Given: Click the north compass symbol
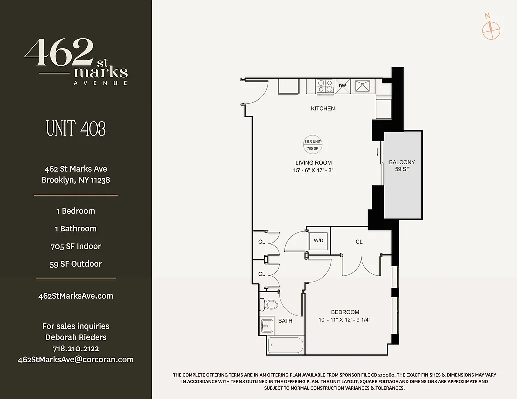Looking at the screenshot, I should point(491,30).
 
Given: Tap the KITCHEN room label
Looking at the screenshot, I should point(323,108).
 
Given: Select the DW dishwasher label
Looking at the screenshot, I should point(342,86).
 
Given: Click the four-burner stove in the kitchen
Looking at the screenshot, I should point(325,86).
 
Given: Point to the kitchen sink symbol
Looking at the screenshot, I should point(361,86).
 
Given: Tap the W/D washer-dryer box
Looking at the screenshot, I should point(318,241).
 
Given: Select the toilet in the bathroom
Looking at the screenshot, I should point(270,304).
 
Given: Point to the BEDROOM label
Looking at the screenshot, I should point(345,312).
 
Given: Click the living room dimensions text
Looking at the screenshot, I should point(314,170).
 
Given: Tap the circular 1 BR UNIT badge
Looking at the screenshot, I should point(313,145).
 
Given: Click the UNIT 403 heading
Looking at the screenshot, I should point(76,129).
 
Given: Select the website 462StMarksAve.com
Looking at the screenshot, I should point(76,296).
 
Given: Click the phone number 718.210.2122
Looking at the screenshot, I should point(76,348).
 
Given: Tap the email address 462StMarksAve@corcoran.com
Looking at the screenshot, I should point(76,359).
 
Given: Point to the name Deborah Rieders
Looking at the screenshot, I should point(76,337).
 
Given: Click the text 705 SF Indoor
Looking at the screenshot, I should point(76,246).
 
